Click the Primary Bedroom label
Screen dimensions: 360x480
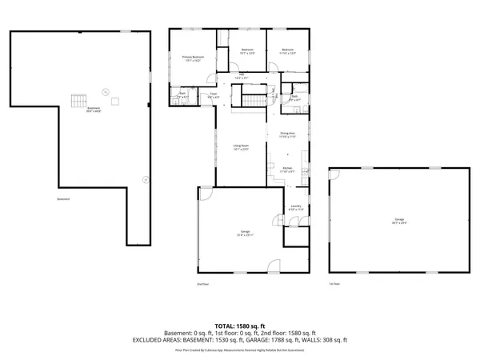[193, 59]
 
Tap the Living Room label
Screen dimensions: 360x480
[241, 147]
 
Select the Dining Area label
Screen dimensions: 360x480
[287, 134]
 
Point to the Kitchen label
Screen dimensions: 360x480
[287, 170]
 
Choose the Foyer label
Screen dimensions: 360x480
[214, 95]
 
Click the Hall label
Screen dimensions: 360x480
[245, 78]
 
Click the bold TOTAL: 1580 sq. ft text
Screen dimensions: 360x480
[240, 326]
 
